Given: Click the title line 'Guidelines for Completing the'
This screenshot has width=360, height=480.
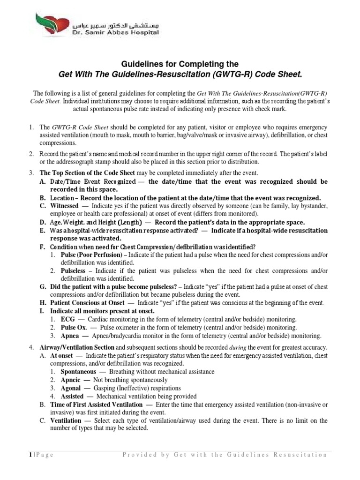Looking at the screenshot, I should click(x=180, y=64).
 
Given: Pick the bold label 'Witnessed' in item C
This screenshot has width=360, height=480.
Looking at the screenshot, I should click(x=64, y=206).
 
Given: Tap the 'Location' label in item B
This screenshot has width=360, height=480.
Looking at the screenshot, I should click(x=61, y=198).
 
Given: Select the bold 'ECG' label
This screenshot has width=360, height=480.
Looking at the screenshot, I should click(x=67, y=319).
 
